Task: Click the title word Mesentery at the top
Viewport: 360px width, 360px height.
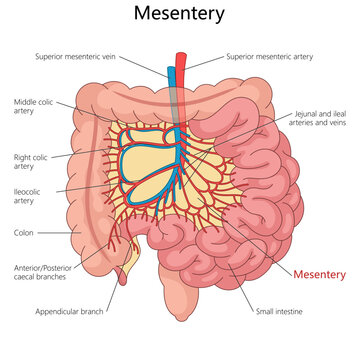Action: [x=180, y=15]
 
